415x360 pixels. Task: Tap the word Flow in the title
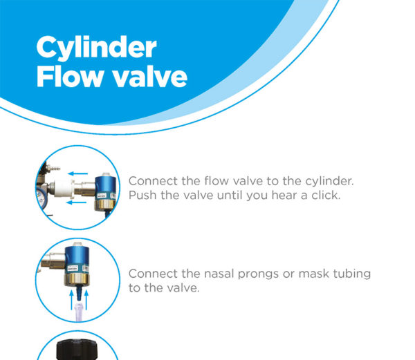(70, 77)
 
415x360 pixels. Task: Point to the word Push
(142, 196)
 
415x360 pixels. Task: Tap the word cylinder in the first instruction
(329, 182)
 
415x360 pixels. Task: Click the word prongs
(258, 274)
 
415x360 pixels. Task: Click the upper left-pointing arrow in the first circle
(77, 173)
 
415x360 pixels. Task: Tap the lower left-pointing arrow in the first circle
(77, 202)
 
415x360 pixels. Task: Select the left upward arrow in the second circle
(71, 301)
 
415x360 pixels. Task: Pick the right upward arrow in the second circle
(86, 301)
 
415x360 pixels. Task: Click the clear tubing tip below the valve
(79, 312)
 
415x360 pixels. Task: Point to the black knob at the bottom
(77, 350)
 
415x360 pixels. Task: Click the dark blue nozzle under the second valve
(79, 294)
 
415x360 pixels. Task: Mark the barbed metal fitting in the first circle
(53, 168)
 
